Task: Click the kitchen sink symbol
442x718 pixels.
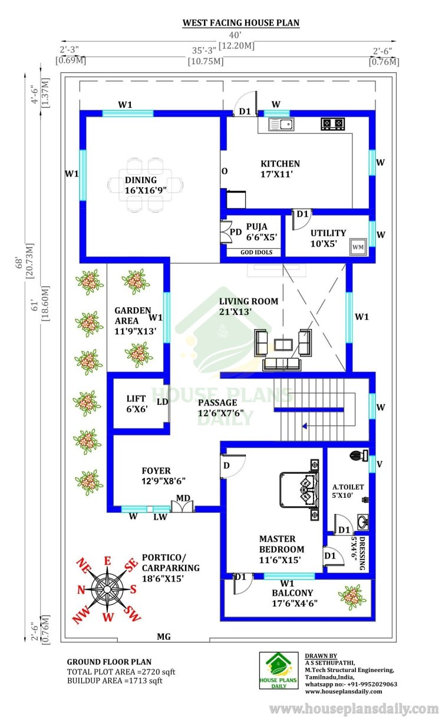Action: (281, 124)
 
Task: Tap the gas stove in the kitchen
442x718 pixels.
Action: (333, 124)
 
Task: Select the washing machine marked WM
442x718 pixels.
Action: (358, 247)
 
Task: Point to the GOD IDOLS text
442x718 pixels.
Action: (256, 252)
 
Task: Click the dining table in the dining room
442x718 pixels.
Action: (146, 185)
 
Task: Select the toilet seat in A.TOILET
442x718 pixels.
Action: (359, 455)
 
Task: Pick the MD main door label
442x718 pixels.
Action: (183, 498)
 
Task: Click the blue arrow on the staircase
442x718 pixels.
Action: (305, 426)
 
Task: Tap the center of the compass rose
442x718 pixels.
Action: (107, 589)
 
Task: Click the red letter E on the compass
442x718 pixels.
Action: (107, 561)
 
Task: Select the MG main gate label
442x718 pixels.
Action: (164, 637)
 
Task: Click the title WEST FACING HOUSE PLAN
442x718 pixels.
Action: (240, 23)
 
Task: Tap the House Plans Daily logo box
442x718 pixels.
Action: (279, 670)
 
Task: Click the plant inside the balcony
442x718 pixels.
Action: (352, 597)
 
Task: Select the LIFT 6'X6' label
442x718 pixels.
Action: (137, 404)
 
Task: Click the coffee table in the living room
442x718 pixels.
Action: (283, 345)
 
